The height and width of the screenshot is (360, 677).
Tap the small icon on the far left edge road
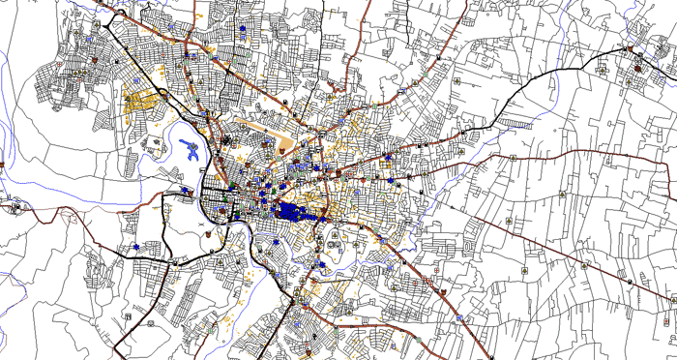click(15, 204)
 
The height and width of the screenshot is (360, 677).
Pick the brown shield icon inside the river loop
click(214, 232)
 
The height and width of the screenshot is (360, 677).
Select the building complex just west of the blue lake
click(154, 146)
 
